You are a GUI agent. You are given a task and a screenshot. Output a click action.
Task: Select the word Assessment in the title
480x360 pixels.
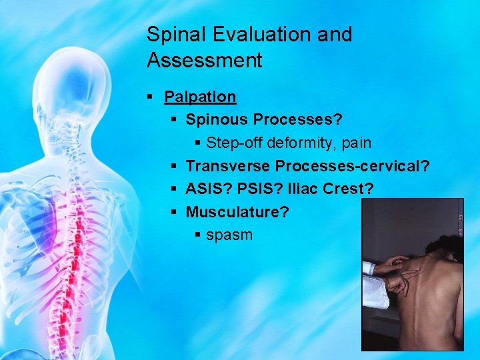pos(205,61)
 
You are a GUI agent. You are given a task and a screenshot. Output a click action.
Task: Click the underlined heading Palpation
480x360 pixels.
pos(200,97)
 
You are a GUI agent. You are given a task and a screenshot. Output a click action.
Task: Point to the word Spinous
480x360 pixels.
pos(216,120)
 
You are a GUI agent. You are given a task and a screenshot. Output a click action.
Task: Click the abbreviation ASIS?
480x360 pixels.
pos(209,189)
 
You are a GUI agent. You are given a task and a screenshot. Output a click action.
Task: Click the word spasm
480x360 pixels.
pos(229,235)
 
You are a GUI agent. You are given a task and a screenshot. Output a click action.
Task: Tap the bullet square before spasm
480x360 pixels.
pos(197,235)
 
